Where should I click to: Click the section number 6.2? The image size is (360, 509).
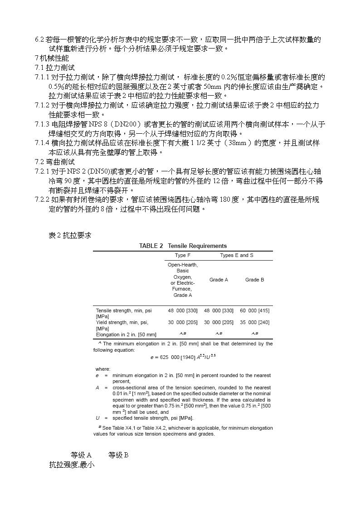pos(39,39)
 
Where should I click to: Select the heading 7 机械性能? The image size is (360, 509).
pos(52,58)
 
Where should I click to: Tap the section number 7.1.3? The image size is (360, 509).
pos(42,124)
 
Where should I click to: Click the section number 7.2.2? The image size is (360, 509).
pos(42,200)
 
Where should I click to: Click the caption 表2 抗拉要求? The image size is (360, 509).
pos(69,235)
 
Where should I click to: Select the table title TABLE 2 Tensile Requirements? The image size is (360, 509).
pos(183,246)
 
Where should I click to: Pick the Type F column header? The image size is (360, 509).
pos(183,256)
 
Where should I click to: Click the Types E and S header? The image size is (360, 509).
pos(237,256)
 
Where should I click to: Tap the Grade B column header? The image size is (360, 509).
pos(254,280)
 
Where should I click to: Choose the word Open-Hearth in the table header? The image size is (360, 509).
pos(183,265)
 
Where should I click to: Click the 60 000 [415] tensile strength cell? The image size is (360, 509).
pos(254,310)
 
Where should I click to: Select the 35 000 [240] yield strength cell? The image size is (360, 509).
pos(254,322)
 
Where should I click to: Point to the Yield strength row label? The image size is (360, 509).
pos(122,322)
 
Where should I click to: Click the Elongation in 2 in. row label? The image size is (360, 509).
pos(126,334)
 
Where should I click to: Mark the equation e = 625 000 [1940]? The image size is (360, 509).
pos(183,357)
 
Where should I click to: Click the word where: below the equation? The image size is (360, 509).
pos(103,369)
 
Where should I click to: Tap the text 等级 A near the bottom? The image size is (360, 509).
pos(81,455)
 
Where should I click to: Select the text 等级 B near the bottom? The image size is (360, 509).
pos(119,455)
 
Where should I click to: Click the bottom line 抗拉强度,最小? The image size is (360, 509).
pos(72,465)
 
